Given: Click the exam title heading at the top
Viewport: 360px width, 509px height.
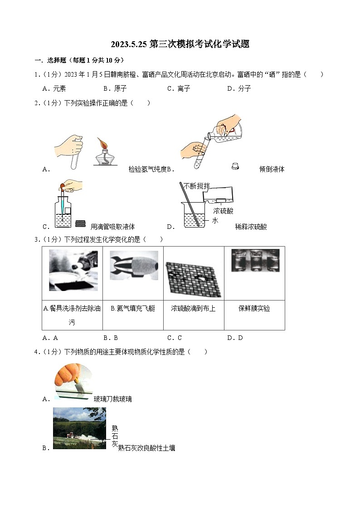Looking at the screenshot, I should coord(180,44).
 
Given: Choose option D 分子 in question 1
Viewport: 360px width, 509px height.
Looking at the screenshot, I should coord(239,88).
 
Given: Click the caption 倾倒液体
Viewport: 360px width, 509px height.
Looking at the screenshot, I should coord(272,170).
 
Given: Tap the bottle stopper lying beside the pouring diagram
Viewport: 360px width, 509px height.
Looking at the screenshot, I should coord(235,165).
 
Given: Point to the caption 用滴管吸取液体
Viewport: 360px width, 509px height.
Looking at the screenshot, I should coord(112,227).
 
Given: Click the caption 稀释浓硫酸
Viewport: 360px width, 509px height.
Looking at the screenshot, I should coord(251,227).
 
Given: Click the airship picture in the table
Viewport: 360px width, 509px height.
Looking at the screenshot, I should coord(133,266).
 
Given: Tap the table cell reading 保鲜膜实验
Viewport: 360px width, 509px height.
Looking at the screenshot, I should coord(254,308).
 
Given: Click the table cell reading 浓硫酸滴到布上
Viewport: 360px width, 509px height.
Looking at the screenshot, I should coord(193,308).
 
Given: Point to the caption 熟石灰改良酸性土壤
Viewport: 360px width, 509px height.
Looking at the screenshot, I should coord(146,448).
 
